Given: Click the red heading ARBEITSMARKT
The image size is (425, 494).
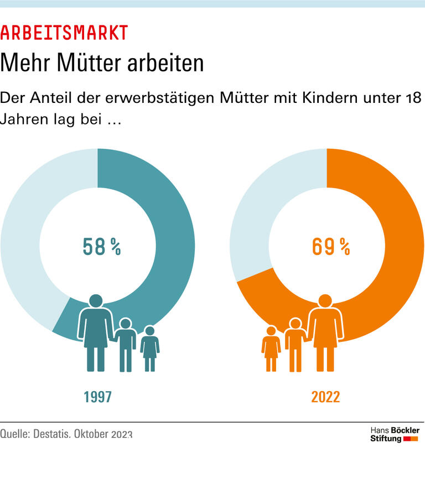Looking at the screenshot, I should pyautogui.click(x=64, y=33).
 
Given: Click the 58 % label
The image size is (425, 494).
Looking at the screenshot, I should pyautogui.click(x=101, y=247).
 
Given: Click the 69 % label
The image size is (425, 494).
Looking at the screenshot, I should pyautogui.click(x=330, y=247).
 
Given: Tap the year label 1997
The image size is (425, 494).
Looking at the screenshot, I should pyautogui.click(x=98, y=397).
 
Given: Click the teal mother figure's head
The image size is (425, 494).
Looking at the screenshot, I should pyautogui.click(x=95, y=301).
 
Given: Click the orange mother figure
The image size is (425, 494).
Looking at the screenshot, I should pyautogui.click(x=325, y=332).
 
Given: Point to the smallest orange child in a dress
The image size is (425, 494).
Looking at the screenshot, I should pyautogui.click(x=271, y=349).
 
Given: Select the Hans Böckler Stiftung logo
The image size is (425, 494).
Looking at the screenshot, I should pyautogui.click(x=394, y=434).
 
